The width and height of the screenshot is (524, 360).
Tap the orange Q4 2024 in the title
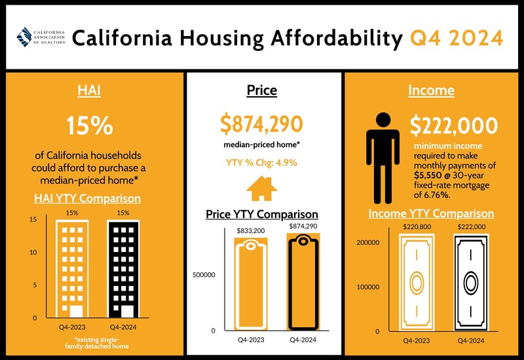[x=457, y=38]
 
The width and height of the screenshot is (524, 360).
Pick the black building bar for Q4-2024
[x=123, y=268]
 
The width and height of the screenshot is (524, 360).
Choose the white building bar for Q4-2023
[x=71, y=268]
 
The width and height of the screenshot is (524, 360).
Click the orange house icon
[x=261, y=189]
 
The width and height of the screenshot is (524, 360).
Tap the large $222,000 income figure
[x=454, y=126]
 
